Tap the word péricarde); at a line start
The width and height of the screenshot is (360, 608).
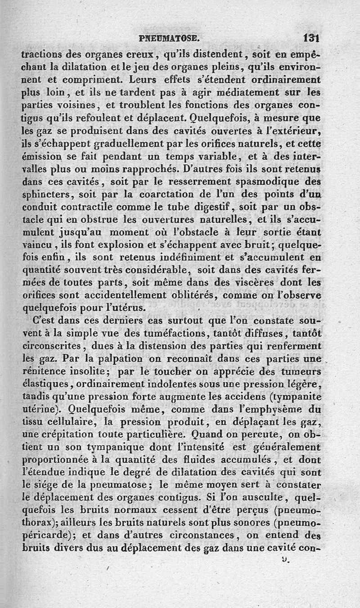(x=46, y=535)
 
